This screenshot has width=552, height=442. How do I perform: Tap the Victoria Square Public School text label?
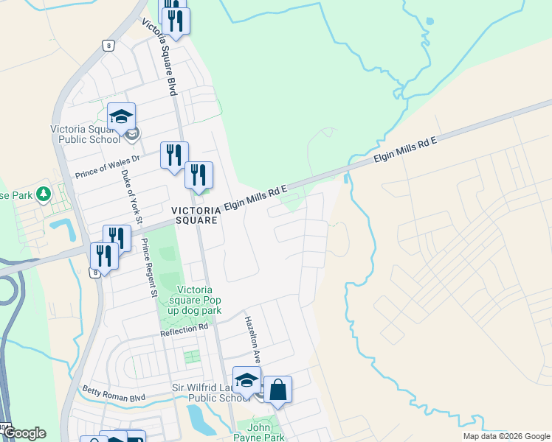84,134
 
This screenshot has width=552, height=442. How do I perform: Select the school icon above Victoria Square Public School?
121,116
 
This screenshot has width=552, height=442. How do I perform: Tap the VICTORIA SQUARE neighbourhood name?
195,214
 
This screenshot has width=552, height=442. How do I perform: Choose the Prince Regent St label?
149,269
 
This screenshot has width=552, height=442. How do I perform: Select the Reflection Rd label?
184,332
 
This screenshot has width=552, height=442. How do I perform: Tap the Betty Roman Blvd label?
114,392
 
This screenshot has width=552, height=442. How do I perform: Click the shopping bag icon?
278,390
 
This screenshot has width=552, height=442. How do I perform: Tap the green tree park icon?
44,194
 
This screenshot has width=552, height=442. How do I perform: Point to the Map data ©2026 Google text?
506,436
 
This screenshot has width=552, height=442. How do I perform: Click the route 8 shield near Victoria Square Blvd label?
108,46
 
